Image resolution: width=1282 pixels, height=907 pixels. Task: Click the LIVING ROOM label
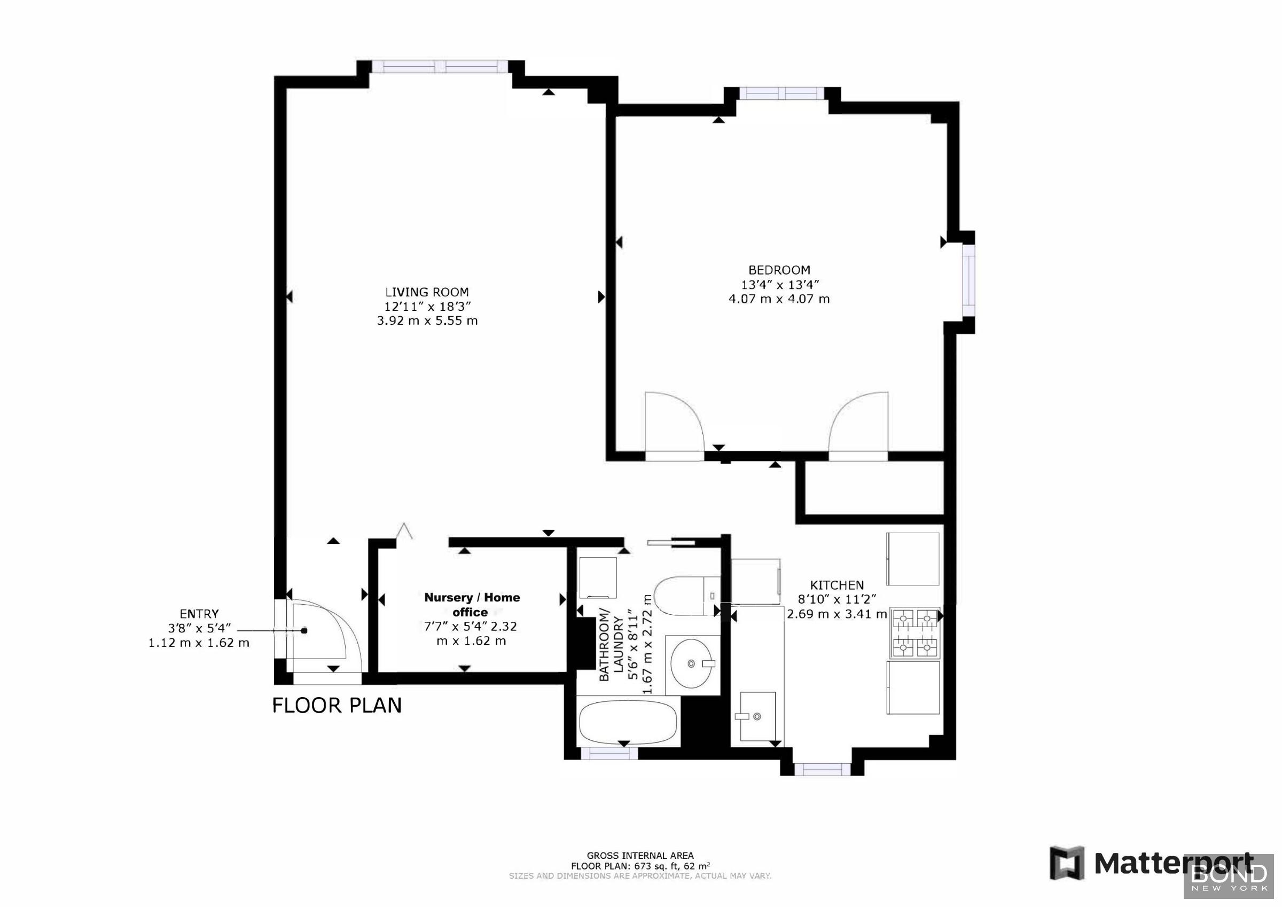click(427, 292)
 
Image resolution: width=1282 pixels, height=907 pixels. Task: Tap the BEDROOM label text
click(779, 270)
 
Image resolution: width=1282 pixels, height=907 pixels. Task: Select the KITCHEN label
click(837, 585)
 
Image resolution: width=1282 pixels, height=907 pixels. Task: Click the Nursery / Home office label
click(472, 604)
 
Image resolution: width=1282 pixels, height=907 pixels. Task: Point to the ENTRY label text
click(199, 613)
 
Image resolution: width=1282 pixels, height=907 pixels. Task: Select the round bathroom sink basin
click(691, 663)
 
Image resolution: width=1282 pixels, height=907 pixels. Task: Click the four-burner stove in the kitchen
click(914, 633)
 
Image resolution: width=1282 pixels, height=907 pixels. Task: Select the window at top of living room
click(440, 67)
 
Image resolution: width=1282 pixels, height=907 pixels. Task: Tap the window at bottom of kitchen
click(822, 770)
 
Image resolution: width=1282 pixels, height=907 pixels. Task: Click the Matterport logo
click(1150, 863)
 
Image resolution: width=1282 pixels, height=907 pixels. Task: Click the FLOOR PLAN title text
click(337, 706)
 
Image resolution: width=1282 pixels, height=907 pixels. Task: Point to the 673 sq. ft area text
click(640, 866)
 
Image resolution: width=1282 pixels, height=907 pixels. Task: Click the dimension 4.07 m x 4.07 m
click(779, 299)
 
